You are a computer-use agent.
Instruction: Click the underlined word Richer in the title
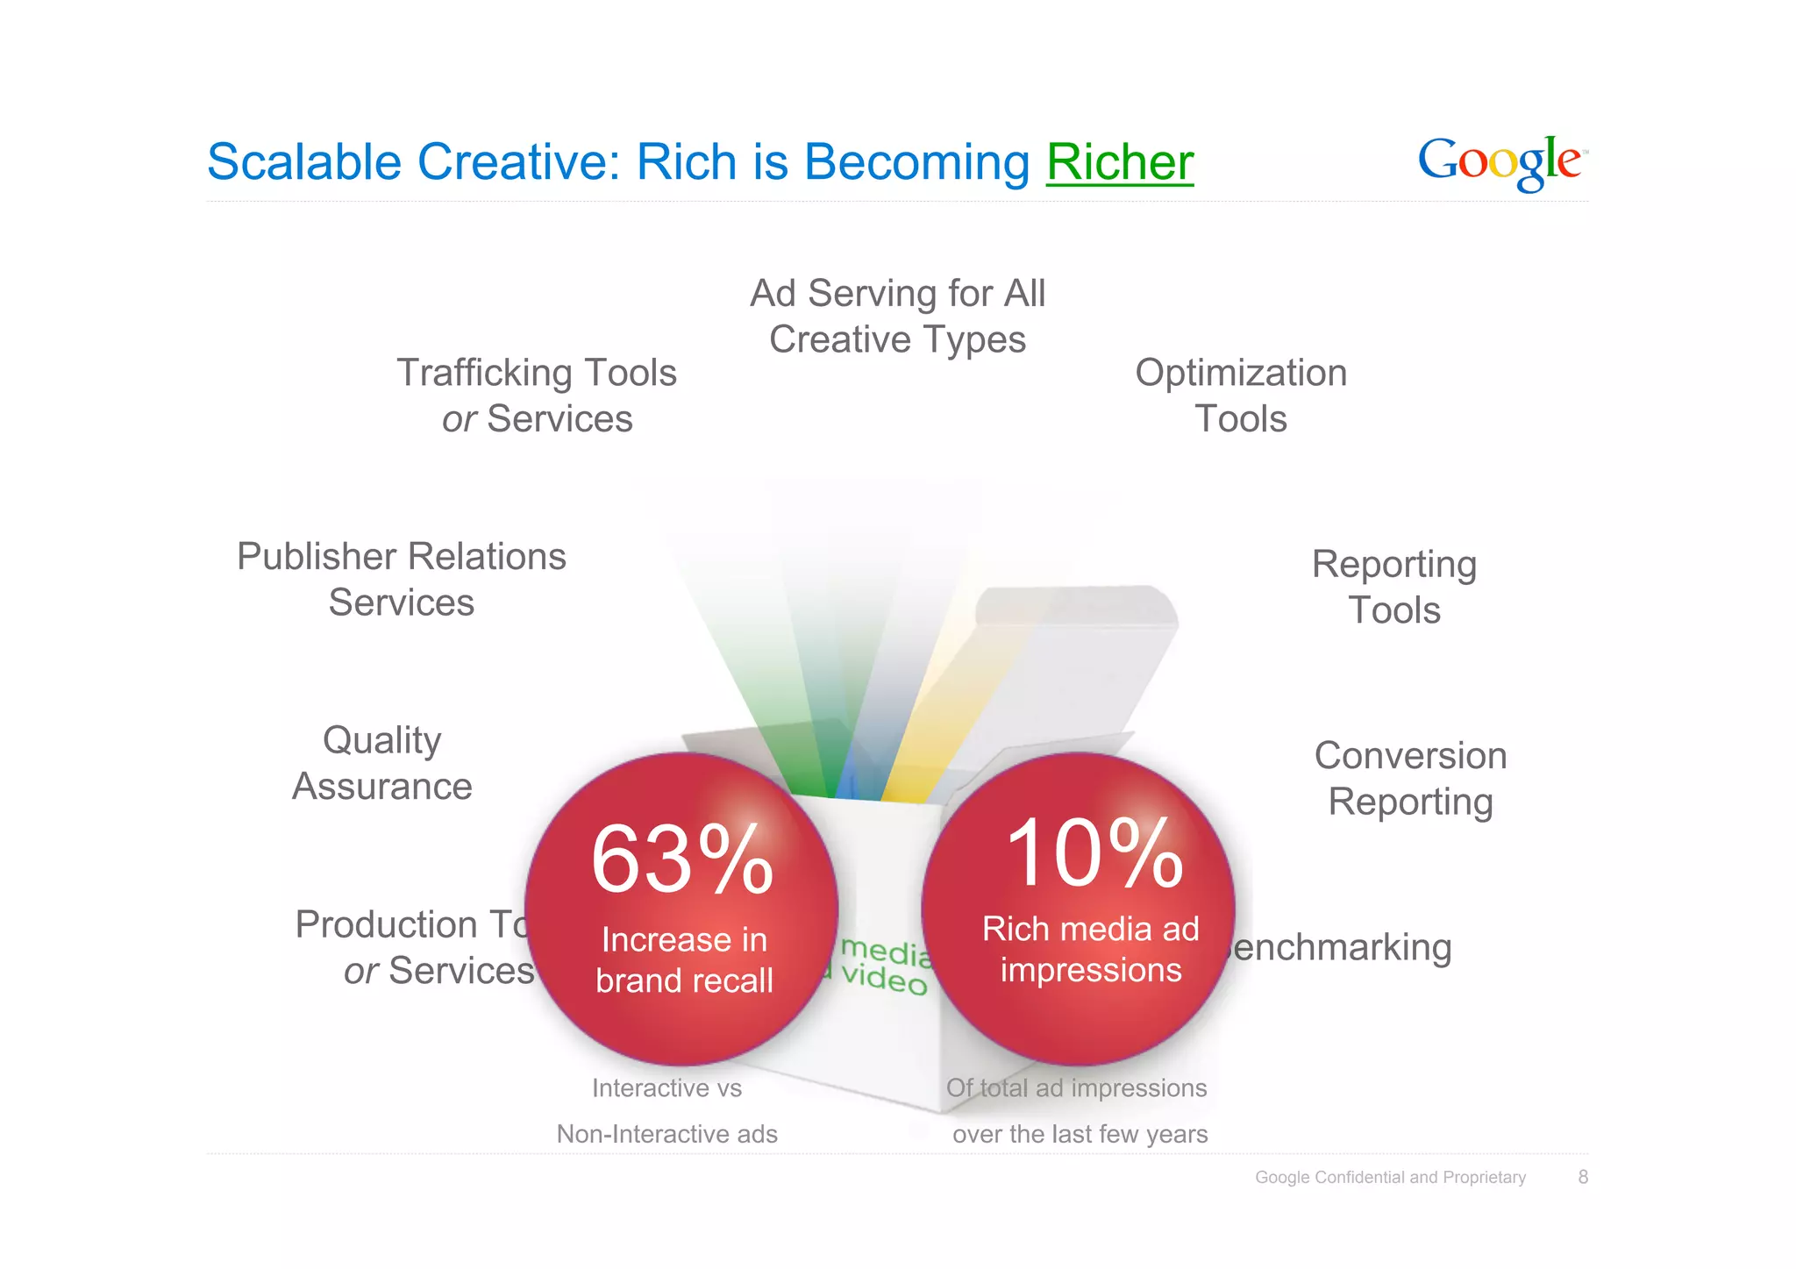click(x=1120, y=162)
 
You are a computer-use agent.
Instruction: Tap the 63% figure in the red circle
click(x=682, y=860)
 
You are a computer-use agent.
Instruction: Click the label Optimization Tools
click(x=1240, y=396)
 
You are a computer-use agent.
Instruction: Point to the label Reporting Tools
click(x=1393, y=587)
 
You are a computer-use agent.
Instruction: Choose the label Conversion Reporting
click(x=1410, y=778)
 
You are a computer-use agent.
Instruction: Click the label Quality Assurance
click(x=382, y=763)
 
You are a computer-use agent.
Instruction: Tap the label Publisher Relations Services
click(x=402, y=579)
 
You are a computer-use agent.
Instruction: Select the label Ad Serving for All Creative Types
click(x=897, y=316)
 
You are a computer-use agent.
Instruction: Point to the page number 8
click(x=1583, y=1177)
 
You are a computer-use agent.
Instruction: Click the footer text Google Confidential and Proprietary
click(x=1390, y=1177)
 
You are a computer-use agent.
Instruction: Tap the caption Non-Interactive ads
click(x=666, y=1134)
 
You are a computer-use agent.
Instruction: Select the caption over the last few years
click(x=1080, y=1134)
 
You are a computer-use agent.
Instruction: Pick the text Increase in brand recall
click(x=684, y=960)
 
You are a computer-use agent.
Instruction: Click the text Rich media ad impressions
click(x=1090, y=950)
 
